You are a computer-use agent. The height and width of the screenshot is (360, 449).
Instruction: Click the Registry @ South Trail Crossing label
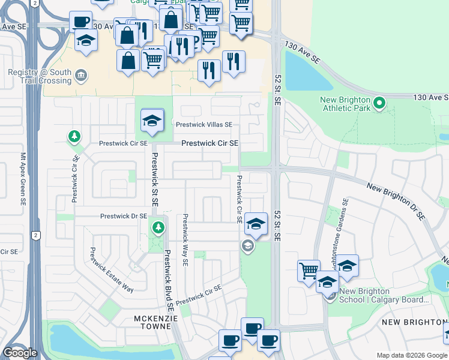tap(40, 77)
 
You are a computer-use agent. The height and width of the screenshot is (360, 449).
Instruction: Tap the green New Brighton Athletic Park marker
tap(379, 104)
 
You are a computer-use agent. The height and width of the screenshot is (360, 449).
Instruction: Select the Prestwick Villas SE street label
tap(203, 124)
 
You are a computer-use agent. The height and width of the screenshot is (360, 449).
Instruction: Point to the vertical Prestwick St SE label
tap(154, 179)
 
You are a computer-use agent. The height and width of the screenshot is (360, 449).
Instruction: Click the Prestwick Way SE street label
tap(186, 240)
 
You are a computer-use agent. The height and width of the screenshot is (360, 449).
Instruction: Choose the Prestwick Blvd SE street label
tap(169, 280)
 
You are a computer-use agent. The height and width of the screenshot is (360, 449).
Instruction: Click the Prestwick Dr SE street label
tap(124, 216)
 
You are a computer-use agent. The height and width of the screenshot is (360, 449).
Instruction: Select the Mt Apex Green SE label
tap(24, 174)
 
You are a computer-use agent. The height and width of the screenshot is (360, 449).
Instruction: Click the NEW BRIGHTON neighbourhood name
tap(413, 323)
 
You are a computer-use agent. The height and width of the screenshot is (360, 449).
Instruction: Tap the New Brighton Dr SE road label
tap(396, 201)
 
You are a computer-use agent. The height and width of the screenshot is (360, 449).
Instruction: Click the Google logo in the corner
tap(20, 353)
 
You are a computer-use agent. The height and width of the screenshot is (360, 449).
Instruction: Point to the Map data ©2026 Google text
tap(411, 355)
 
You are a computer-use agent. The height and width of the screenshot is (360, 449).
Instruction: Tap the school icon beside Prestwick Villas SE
tap(152, 121)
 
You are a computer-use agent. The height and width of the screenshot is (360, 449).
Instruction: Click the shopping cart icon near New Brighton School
tap(309, 270)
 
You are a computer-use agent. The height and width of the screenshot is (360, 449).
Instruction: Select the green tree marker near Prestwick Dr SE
tap(157, 227)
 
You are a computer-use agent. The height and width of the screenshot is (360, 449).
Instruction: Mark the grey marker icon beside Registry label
tap(81, 75)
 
